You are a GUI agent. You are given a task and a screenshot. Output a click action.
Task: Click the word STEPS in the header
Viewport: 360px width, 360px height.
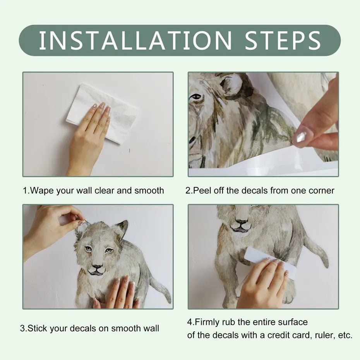[x=283, y=40]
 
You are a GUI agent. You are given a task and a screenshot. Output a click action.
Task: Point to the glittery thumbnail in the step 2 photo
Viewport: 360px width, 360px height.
[x=302, y=136]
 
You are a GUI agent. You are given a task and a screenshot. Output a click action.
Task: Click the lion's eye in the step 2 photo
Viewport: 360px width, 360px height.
[x=196, y=97]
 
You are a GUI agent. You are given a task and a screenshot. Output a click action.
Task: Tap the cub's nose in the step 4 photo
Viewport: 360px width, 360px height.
[x=242, y=223]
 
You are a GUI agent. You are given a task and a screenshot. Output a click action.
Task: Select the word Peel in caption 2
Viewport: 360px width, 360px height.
[x=201, y=190]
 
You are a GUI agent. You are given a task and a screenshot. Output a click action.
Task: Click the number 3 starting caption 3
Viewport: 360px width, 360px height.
[x=22, y=329]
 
